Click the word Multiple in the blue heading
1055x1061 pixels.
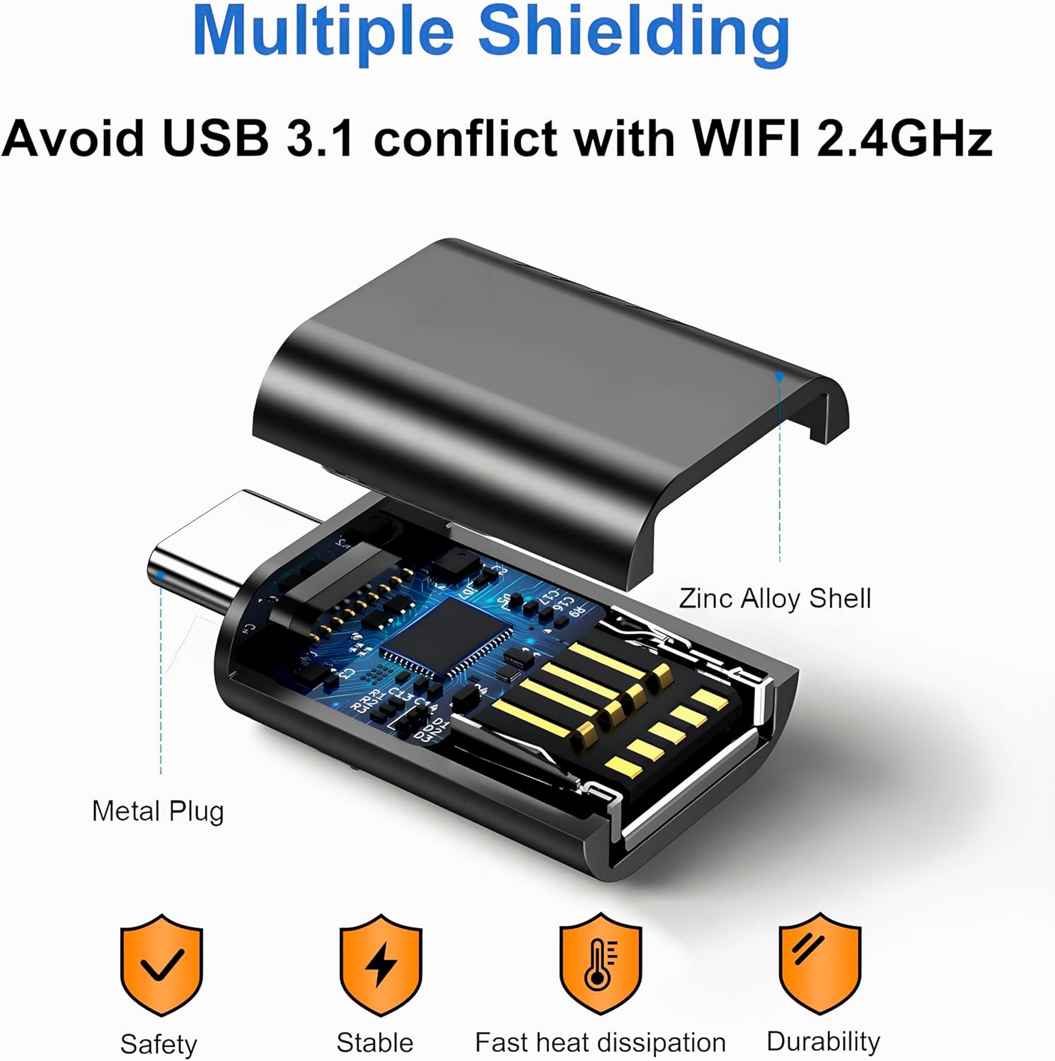point(322,33)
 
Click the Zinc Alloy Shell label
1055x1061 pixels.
point(775,598)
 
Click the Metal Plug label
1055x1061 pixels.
point(158,811)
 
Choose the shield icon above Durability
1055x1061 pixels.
point(820,962)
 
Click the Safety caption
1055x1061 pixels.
point(158,1043)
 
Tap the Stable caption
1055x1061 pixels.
point(374,1042)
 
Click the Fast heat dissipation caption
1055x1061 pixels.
point(600,1042)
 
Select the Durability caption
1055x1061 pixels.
point(823,1041)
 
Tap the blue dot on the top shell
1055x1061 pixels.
point(779,377)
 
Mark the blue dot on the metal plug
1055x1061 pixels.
point(161,576)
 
